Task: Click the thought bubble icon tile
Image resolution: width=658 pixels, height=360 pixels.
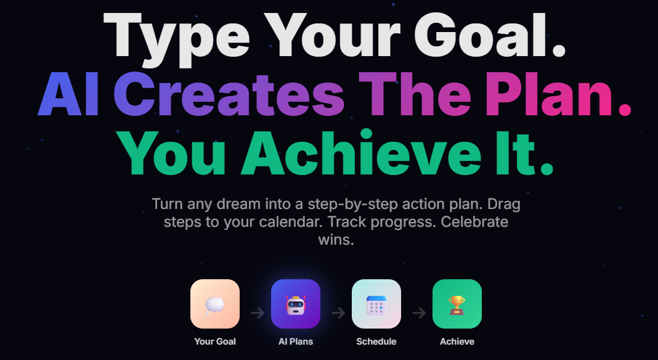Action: tap(215, 304)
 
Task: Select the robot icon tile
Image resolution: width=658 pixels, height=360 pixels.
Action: tap(296, 304)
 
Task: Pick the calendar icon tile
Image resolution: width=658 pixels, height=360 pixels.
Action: tap(376, 304)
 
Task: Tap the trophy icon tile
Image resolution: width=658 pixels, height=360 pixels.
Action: tap(457, 304)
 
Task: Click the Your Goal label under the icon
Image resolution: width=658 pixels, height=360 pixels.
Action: tap(215, 341)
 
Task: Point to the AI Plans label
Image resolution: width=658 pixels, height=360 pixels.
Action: tap(296, 341)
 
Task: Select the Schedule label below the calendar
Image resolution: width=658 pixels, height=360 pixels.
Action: tap(376, 341)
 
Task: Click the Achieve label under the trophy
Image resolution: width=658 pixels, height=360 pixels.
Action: tap(457, 341)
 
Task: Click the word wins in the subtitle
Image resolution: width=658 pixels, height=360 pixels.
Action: tap(336, 239)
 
